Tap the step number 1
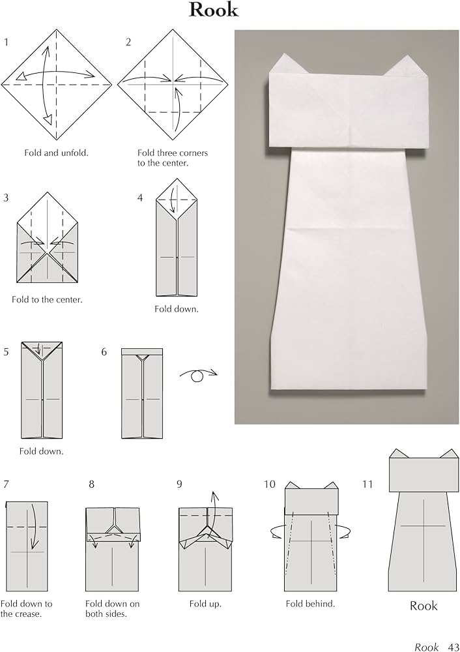coord(6,42)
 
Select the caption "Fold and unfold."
coord(56,153)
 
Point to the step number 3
coord(6,198)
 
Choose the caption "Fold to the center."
coord(47,300)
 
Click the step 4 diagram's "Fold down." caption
coord(177,309)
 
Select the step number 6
coord(104,352)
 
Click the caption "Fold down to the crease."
coord(27,608)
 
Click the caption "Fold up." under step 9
coord(205,604)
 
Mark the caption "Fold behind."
coord(310,604)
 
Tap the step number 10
coord(270,484)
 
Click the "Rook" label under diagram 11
coord(424,606)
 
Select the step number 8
coord(92,484)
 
